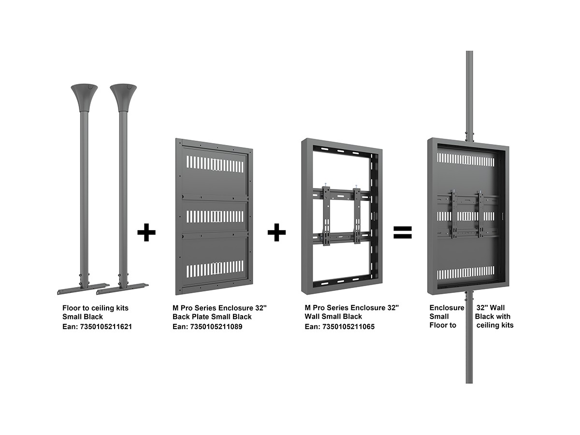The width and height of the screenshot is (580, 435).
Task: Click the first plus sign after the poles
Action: (146, 232)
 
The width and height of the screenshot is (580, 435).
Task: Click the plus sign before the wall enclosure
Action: (276, 232)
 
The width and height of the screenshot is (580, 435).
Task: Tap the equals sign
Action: (402, 232)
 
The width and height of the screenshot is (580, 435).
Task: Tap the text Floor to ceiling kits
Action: (96, 307)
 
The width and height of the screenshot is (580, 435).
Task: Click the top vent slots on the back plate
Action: (215, 165)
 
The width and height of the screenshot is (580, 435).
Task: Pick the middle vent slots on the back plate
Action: (215, 216)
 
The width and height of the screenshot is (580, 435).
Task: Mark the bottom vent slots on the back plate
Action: (215, 269)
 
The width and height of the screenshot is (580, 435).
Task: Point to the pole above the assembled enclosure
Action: (469, 92)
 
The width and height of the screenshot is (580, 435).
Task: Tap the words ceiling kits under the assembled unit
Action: (495, 325)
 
